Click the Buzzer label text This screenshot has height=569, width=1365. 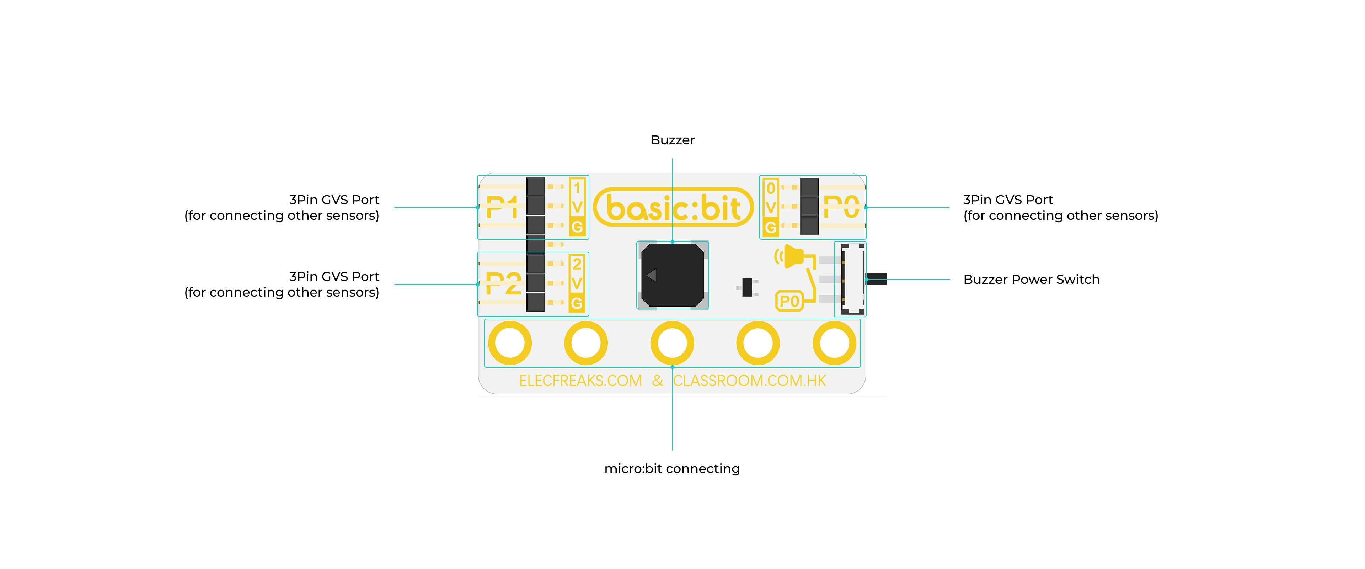coord(673,140)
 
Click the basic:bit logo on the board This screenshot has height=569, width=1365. coord(673,207)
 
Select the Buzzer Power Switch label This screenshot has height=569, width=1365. coord(1031,280)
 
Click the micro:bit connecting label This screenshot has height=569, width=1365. coord(672,469)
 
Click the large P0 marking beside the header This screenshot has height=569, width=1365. coord(841,206)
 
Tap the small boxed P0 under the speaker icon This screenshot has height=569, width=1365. coord(789,301)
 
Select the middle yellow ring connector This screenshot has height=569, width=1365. coord(673,343)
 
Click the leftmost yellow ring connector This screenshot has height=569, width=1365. coord(510,343)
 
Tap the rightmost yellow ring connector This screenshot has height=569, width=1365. coord(835,343)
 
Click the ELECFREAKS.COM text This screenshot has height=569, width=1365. coord(580,381)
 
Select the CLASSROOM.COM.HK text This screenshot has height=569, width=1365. coord(749,381)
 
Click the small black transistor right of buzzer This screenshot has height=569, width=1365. coord(747,287)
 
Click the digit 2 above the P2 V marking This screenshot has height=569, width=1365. coord(577,264)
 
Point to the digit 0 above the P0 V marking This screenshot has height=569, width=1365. coord(771,188)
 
